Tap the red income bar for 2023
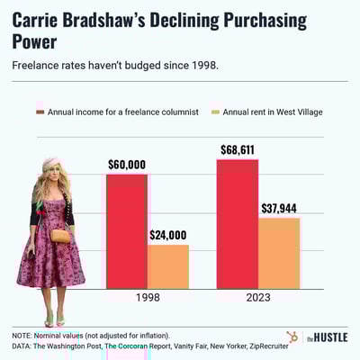238,224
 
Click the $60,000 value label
127,165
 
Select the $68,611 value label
238,149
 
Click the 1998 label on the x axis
148,298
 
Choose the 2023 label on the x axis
258,298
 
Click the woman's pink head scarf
51,166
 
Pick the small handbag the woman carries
60,236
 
